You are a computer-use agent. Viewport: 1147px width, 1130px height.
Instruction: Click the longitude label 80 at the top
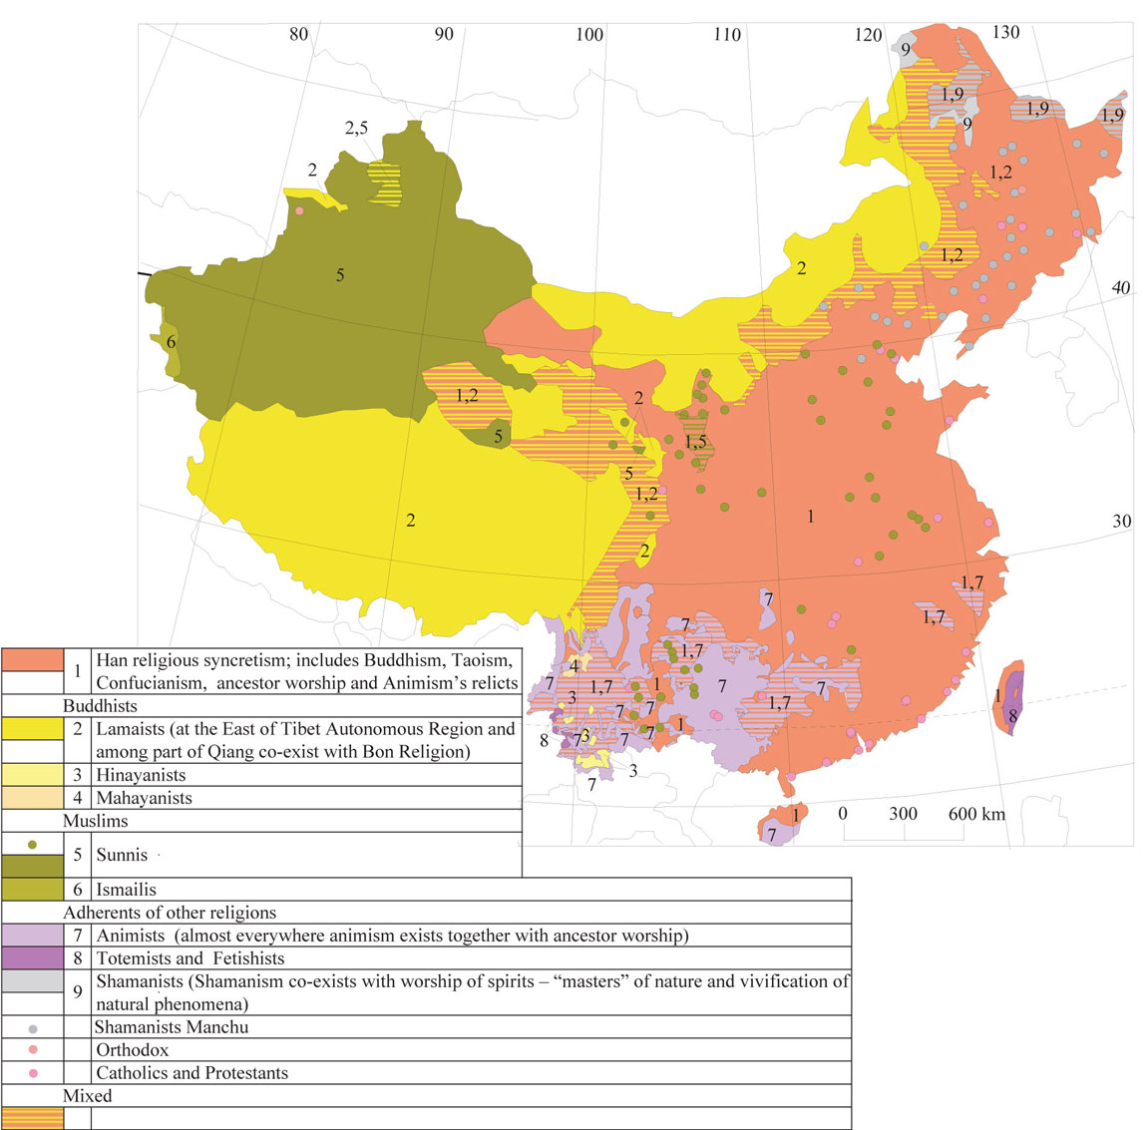point(298,34)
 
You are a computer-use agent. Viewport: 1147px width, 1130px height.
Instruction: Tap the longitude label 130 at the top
point(1005,32)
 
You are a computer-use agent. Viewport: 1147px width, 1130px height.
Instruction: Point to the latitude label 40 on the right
point(1121,287)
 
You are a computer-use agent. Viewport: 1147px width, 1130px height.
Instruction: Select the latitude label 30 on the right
point(1122,521)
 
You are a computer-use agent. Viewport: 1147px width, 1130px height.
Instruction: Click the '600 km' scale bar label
point(976,814)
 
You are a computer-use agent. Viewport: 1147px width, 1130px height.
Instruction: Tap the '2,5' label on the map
point(356,128)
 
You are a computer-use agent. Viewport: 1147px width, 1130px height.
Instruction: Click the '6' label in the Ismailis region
point(172,342)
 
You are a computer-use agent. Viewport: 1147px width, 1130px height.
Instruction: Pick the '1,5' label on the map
point(696,442)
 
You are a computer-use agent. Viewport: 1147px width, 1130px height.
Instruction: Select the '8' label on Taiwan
point(1012,715)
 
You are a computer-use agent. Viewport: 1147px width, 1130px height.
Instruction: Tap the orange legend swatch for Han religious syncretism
point(32,659)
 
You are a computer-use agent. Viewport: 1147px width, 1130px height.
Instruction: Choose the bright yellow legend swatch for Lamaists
point(32,728)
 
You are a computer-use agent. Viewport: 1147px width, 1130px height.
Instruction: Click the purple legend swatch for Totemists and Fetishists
point(32,958)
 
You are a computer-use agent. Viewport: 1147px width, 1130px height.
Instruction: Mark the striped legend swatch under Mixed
point(32,1119)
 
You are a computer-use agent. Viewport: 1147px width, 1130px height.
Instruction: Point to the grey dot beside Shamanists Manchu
point(33,1027)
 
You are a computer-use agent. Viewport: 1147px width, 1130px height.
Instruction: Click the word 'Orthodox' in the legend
point(133,1050)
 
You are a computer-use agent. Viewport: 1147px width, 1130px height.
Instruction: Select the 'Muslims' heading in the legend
point(96,821)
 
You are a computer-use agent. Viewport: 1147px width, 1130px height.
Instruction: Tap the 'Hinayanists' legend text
point(141,775)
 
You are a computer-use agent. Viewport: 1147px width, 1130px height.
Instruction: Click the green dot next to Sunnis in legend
point(33,844)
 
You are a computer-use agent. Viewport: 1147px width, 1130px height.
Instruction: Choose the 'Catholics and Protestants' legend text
point(191,1073)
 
